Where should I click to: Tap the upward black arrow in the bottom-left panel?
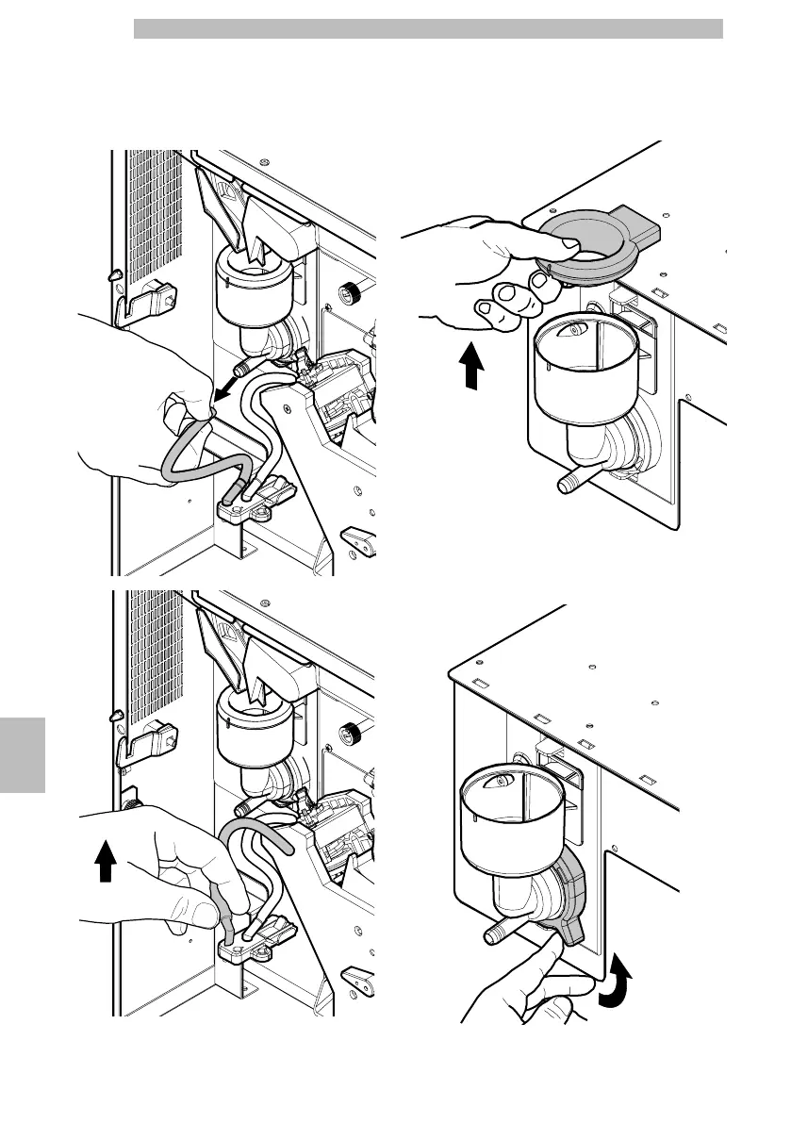106,857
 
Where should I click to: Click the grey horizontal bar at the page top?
428,29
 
